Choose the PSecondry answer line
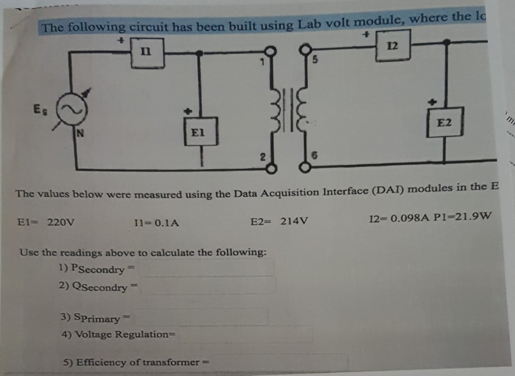pyautogui.click(x=207, y=268)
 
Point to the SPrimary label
pyautogui.click(x=97, y=318)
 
